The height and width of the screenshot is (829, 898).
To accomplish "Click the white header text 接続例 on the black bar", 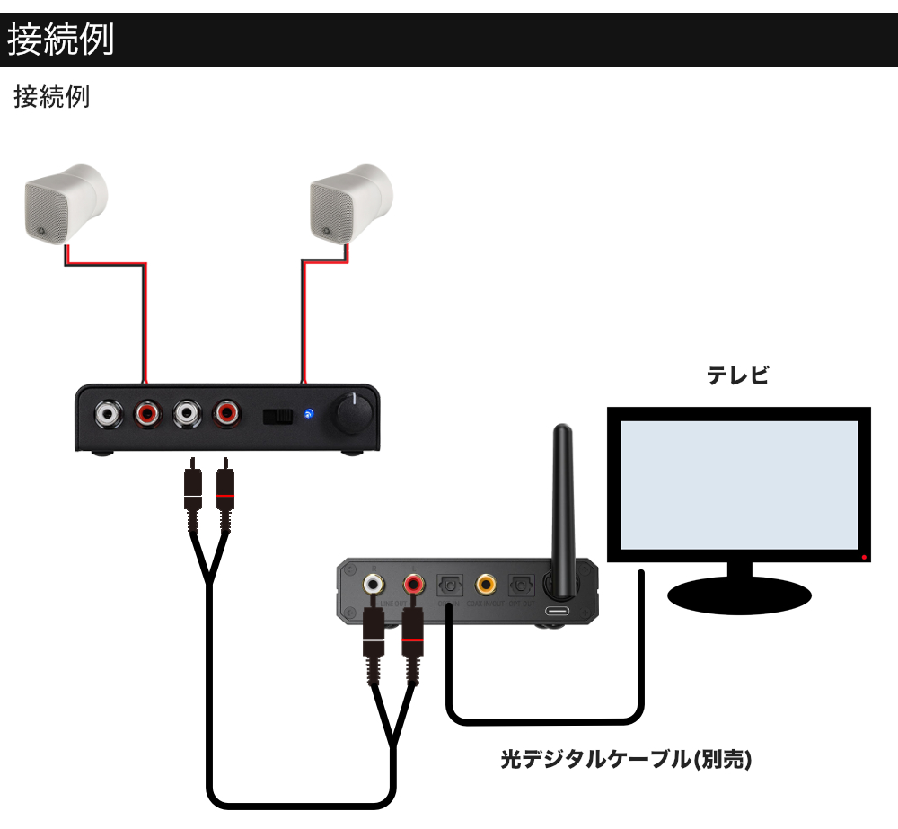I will coord(61,40).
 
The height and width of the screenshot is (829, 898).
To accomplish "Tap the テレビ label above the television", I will coord(738,375).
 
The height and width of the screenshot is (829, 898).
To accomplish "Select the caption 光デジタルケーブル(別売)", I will coord(625,760).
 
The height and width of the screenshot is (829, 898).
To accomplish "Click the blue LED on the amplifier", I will coord(309,414).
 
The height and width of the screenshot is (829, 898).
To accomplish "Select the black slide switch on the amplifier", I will coord(278,416).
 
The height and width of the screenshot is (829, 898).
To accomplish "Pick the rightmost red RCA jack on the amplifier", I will coord(225,414).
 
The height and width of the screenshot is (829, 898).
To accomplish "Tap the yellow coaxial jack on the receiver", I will coord(486,585).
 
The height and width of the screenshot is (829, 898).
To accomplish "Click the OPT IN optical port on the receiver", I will coord(447,586).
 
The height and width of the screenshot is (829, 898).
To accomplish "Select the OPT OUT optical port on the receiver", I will coord(520,586).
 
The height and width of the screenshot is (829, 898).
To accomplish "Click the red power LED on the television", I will coord(864,559).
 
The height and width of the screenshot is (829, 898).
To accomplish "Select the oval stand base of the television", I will coord(739,594).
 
